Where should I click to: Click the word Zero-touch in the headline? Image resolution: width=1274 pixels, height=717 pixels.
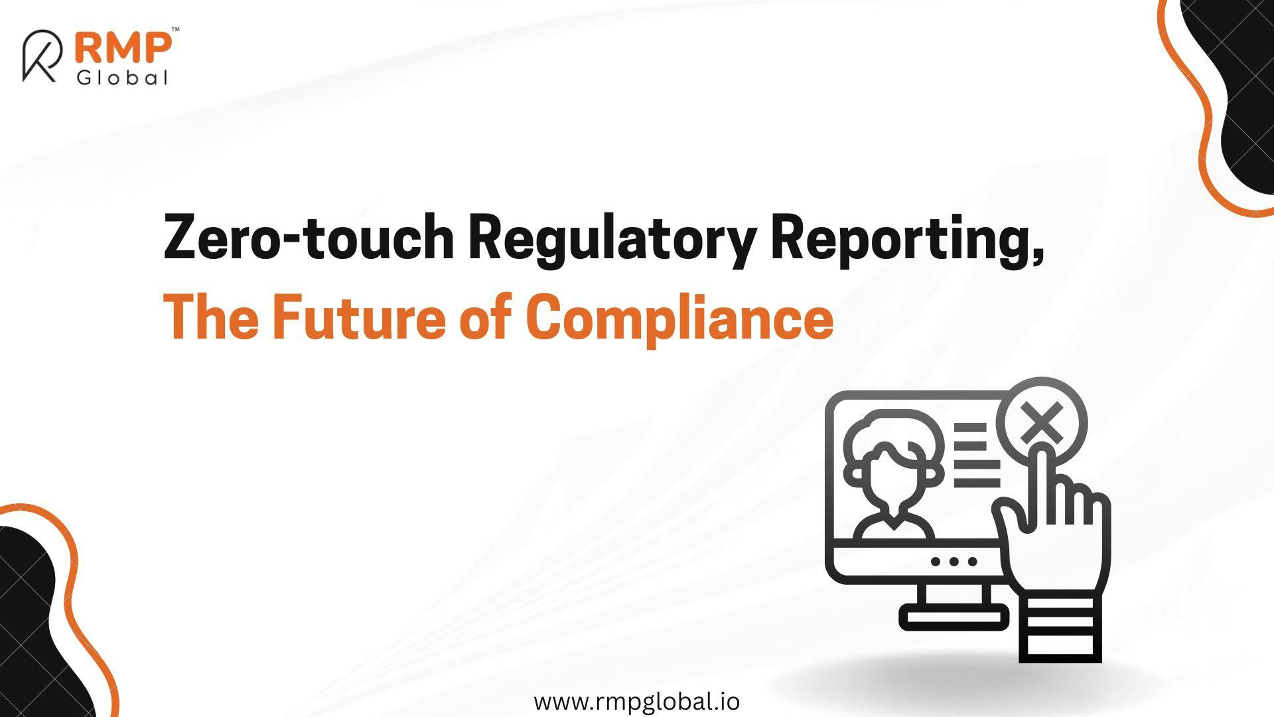(309, 237)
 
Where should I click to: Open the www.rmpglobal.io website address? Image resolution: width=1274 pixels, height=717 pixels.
(637, 701)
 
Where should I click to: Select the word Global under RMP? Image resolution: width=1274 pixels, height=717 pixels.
(122, 78)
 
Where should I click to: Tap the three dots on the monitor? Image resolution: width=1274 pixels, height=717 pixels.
(954, 562)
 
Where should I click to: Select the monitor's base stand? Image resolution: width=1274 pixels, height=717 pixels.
(954, 607)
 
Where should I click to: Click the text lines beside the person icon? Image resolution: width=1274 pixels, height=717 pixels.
(975, 454)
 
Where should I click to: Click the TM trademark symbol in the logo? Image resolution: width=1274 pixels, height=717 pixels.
(175, 30)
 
